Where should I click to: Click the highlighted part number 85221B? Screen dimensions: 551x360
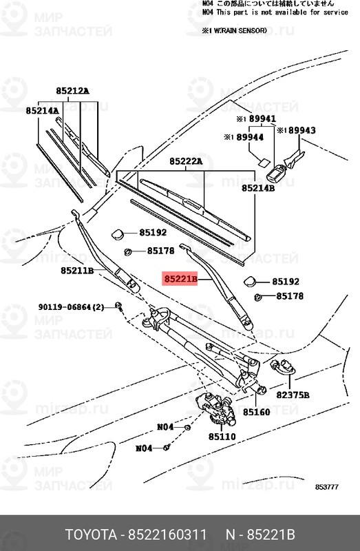pyautogui.click(x=180, y=280)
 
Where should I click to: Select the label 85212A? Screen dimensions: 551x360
pyautogui.click(x=72, y=90)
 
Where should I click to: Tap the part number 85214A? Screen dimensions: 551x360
pyautogui.click(x=42, y=110)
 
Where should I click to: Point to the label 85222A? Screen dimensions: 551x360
pyautogui.click(x=185, y=161)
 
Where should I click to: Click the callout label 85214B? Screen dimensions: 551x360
pyautogui.click(x=257, y=187)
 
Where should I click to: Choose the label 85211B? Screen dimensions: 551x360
pyautogui.click(x=76, y=271)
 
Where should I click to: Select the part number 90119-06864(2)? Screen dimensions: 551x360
pyautogui.click(x=71, y=306)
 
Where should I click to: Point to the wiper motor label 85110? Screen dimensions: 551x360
pyautogui.click(x=222, y=437)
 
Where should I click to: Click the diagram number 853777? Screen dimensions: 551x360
pyautogui.click(x=327, y=488)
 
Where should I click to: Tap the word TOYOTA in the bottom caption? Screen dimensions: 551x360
pyautogui.click(x=91, y=535)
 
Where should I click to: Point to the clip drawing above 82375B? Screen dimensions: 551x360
pyautogui.click(x=283, y=367)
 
